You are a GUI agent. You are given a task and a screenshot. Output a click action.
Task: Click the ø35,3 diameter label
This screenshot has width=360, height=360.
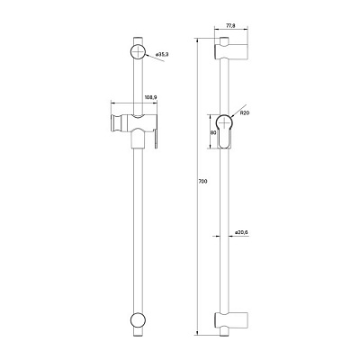point(163,56)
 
